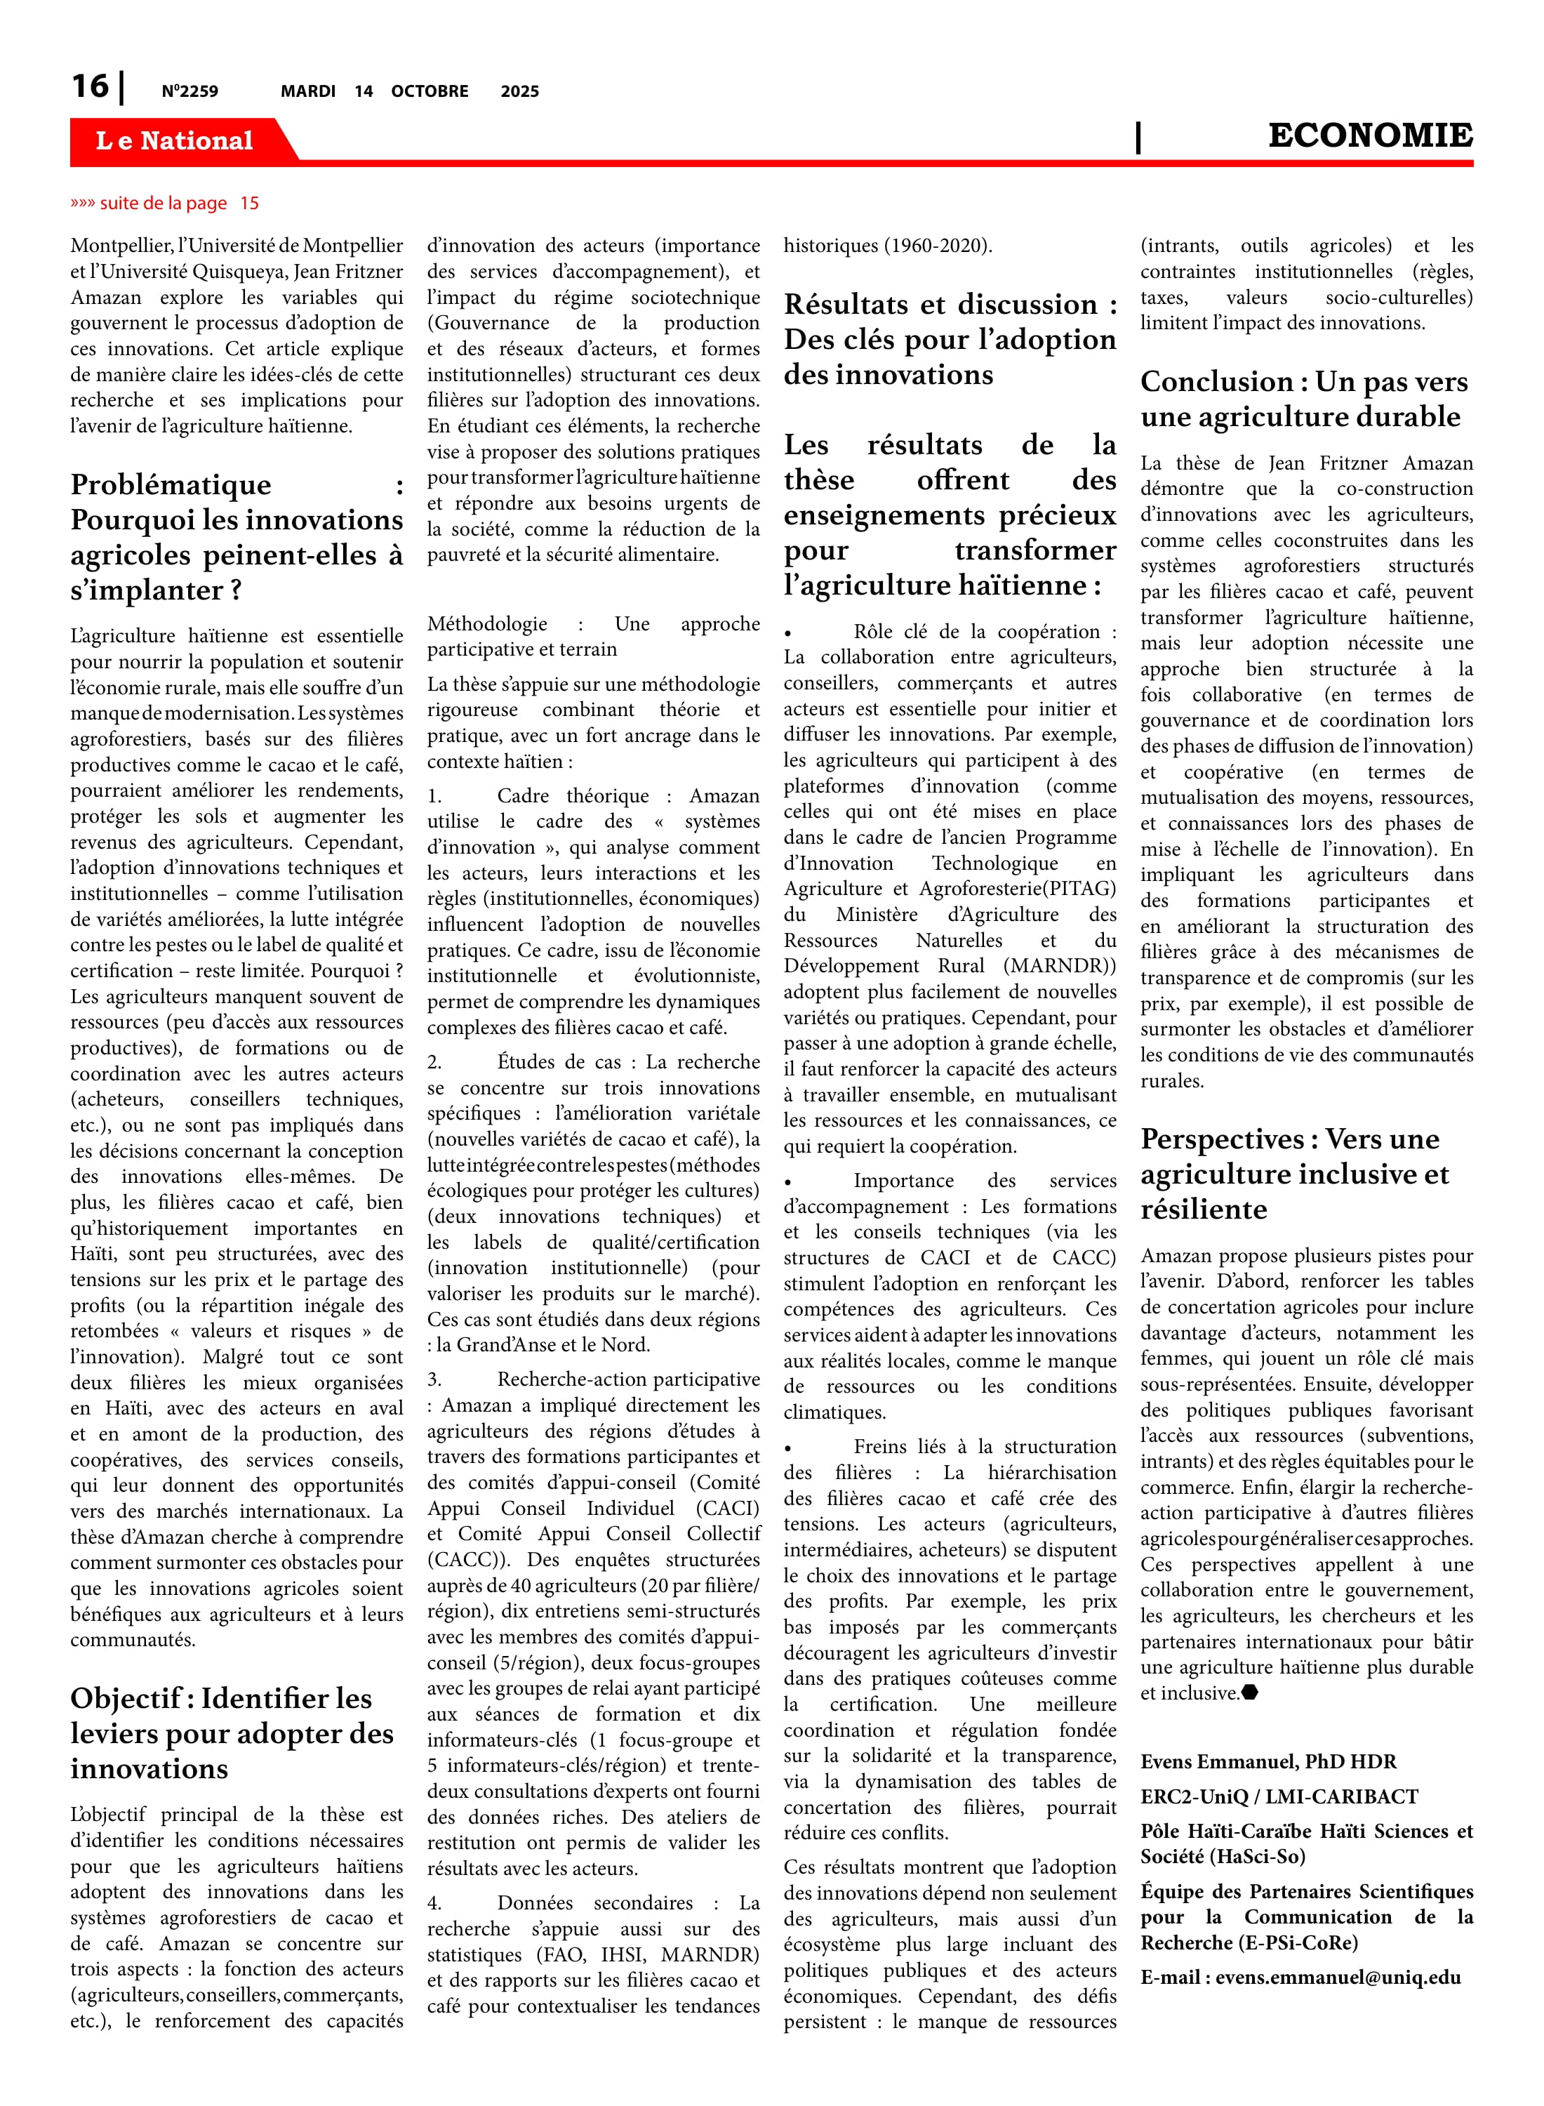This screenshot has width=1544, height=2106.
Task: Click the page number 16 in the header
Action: click(91, 87)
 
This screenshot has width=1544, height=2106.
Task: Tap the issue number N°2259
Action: click(189, 91)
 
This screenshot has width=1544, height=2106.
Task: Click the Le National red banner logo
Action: click(175, 141)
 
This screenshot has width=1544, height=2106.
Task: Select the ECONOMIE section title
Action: click(1369, 135)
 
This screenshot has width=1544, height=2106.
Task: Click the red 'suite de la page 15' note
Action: click(164, 204)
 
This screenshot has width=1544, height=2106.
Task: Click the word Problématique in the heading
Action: click(171, 485)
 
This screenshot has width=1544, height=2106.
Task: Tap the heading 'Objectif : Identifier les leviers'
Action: click(222, 1698)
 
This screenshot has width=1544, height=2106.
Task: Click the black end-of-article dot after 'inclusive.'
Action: click(1250, 1692)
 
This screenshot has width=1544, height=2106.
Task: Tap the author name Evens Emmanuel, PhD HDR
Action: click(1268, 1762)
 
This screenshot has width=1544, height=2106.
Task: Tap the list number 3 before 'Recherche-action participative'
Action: click(434, 1379)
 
